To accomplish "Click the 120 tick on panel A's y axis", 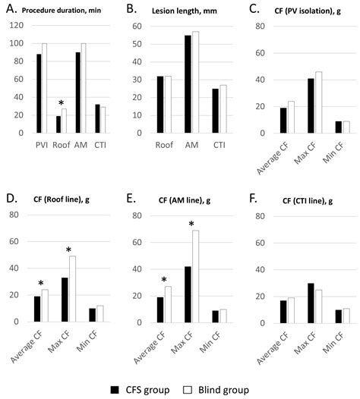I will (16, 27).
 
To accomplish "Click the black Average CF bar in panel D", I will (36, 309).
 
